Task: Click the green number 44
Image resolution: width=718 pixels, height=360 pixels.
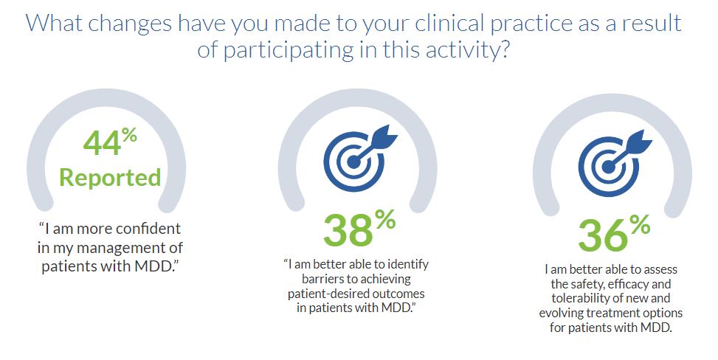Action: (102, 142)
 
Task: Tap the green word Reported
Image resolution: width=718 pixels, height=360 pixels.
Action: (111, 178)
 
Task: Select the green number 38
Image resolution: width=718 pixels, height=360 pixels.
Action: (348, 231)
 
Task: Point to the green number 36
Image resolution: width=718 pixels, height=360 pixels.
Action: (603, 236)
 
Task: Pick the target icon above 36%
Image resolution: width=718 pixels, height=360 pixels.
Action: (615, 162)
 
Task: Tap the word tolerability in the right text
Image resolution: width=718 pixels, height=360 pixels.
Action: (580, 299)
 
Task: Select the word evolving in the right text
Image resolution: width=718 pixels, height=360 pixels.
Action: (559, 314)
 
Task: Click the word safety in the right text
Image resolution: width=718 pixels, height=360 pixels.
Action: (587, 284)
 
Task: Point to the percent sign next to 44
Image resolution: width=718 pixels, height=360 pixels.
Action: (130, 136)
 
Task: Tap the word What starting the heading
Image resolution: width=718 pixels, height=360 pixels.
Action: (54, 24)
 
